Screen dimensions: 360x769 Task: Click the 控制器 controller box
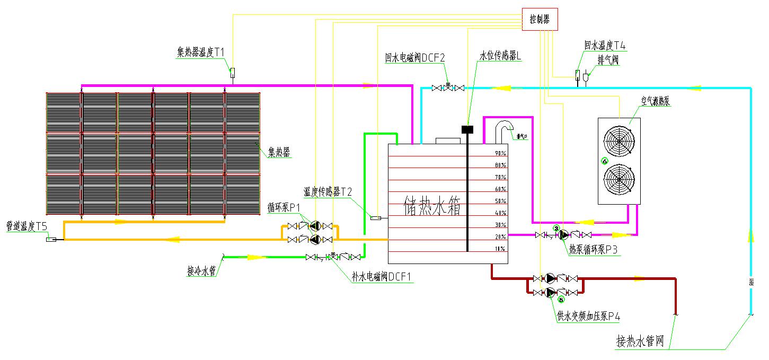tap(540, 20)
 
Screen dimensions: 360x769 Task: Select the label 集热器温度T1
tap(201, 52)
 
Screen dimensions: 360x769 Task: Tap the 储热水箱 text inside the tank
tap(432, 207)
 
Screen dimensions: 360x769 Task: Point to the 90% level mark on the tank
tap(500, 153)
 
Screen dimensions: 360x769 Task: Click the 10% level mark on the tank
tap(500, 249)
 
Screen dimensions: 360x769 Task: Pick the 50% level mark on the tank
tap(500, 201)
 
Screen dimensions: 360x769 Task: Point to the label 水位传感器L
tap(501, 56)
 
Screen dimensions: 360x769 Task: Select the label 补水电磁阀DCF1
tap(382, 276)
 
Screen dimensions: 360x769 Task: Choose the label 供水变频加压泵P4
tap(588, 317)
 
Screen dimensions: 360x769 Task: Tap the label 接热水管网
tap(640, 340)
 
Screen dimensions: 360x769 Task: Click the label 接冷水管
tap(201, 271)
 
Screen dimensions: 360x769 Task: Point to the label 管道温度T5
tap(26, 226)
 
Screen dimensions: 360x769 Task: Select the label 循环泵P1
tap(284, 206)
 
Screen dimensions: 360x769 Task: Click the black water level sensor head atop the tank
tap(467, 129)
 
